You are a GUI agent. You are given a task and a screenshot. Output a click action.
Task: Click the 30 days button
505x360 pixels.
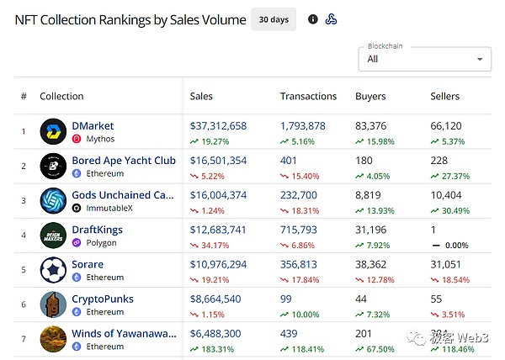(x=273, y=19)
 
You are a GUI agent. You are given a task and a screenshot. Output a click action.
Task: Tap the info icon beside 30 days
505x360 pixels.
(x=313, y=19)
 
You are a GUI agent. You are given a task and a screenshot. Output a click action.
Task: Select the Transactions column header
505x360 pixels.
(x=308, y=96)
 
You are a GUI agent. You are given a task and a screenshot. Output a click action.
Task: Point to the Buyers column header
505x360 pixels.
(x=370, y=96)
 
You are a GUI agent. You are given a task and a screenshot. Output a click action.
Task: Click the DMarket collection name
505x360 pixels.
(x=93, y=126)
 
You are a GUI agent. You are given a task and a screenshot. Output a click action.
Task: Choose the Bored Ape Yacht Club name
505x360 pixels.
(x=124, y=161)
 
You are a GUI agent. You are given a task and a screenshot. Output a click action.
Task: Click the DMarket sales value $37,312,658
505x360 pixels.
(x=219, y=126)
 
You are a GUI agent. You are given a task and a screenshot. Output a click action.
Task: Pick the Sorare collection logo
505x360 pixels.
(x=53, y=270)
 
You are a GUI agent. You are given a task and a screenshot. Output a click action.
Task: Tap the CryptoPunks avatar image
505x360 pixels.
(x=53, y=304)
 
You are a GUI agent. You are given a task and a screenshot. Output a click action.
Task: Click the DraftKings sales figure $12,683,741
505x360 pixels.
(x=219, y=230)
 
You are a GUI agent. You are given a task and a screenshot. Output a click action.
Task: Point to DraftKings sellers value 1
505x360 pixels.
(x=433, y=230)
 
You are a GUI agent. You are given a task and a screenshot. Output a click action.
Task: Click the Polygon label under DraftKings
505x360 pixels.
(x=101, y=242)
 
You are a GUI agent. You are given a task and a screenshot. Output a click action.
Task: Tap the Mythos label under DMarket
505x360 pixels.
(x=100, y=139)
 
